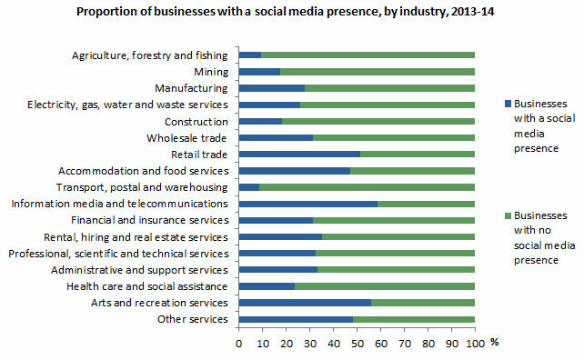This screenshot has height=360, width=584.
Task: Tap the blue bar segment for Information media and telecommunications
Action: click(x=307, y=204)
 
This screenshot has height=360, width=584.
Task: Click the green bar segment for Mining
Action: click(x=378, y=71)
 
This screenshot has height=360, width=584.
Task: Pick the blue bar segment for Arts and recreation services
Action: click(x=304, y=303)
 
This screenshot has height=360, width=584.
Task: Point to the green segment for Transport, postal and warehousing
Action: click(x=367, y=187)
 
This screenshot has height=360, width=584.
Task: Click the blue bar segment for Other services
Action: click(x=295, y=319)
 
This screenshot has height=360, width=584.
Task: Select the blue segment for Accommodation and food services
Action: click(x=294, y=170)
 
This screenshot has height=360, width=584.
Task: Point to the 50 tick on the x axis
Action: click(x=357, y=345)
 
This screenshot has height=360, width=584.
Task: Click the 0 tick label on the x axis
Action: click(x=238, y=345)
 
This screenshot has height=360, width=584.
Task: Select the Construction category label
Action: click(x=196, y=121)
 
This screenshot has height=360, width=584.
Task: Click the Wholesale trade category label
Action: click(x=186, y=138)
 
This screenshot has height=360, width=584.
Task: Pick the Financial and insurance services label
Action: click(x=150, y=220)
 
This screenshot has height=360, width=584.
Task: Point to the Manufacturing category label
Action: click(x=190, y=88)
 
